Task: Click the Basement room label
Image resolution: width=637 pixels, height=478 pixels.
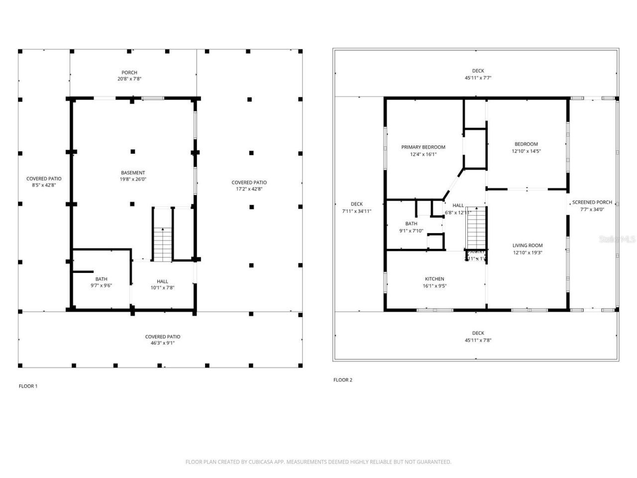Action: tap(133, 173)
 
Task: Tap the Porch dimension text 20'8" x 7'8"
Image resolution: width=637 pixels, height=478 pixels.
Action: tap(129, 79)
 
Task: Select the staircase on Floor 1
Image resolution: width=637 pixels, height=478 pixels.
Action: tap(162, 244)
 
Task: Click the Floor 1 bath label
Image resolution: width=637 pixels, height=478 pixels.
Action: tap(102, 279)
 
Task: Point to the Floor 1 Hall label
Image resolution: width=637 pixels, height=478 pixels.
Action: tap(162, 281)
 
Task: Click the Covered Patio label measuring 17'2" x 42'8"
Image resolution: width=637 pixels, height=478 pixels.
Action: tap(249, 182)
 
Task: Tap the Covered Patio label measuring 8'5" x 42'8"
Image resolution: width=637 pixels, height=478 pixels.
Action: tap(44, 178)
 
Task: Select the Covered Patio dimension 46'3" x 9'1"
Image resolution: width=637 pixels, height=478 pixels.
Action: tap(163, 343)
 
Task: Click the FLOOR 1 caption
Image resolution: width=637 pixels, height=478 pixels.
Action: tap(28, 386)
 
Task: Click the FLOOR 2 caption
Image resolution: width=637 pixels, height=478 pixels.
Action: tap(342, 380)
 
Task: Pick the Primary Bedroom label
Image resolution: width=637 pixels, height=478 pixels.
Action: tap(423, 147)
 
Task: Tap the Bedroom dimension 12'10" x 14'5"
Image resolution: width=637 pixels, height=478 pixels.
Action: tap(526, 151)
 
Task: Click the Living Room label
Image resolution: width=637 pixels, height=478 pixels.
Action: tap(528, 245)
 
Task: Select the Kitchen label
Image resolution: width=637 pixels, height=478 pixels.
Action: tap(434, 279)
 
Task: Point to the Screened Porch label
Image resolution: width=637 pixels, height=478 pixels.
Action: tap(592, 202)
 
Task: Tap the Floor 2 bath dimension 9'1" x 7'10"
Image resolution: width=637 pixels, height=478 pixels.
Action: tap(411, 231)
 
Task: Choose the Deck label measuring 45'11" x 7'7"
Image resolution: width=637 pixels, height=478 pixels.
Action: tap(478, 71)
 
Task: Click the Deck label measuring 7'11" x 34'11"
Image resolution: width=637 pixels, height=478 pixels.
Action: tap(356, 204)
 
